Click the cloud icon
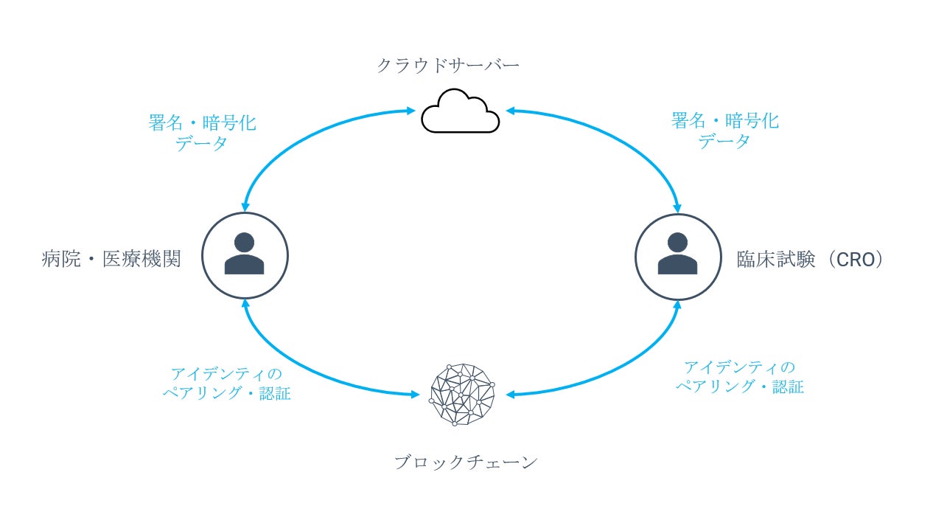460,112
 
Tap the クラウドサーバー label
447,66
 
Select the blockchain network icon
461,395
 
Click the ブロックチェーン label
466,462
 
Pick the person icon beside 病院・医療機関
245,255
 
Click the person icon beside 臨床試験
677,255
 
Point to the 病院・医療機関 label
111,260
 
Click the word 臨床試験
776,260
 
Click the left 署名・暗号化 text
202,122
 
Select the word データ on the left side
201,143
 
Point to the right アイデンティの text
739,367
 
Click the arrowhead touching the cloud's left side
411,111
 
